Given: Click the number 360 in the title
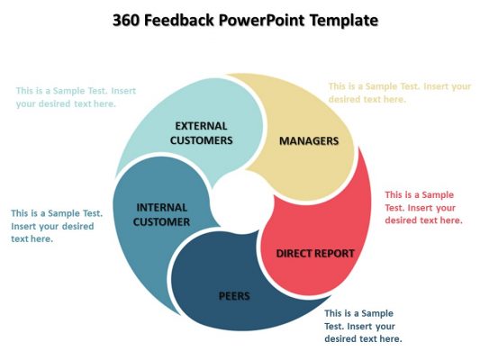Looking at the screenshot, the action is tap(125, 21).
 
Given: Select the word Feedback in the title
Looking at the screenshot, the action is tap(179, 21).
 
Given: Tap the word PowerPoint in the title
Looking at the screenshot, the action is tap(262, 21).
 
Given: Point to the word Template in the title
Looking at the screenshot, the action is tap(344, 21).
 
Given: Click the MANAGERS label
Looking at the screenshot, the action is tap(309, 141).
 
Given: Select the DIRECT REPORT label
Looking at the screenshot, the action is tap(315, 254).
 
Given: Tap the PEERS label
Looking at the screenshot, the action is tap(234, 296).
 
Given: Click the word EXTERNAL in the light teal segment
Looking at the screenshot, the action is tap(201, 126).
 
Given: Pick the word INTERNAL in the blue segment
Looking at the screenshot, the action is tap(161, 208).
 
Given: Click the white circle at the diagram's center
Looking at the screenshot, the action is tap(243, 202).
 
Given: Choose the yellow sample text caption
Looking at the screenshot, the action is tap(400, 93).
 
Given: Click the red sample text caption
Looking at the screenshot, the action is tap(423, 208).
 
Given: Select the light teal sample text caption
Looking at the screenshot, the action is tap(76, 97).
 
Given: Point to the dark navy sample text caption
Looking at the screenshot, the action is tap(363, 326).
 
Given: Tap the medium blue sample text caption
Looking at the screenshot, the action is tap(57, 226).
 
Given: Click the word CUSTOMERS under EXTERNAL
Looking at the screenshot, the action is tap(201, 140).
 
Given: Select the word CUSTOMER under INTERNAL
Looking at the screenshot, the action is tap(161, 222).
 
